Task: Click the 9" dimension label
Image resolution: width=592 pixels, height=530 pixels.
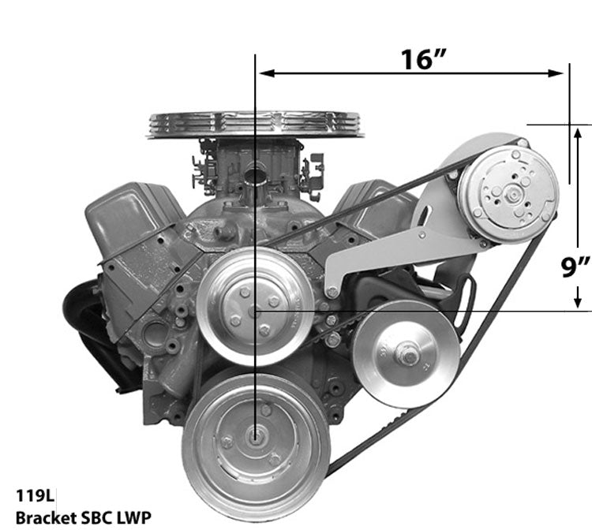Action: (575, 268)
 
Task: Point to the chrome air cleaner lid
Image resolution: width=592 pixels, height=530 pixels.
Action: (254, 125)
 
